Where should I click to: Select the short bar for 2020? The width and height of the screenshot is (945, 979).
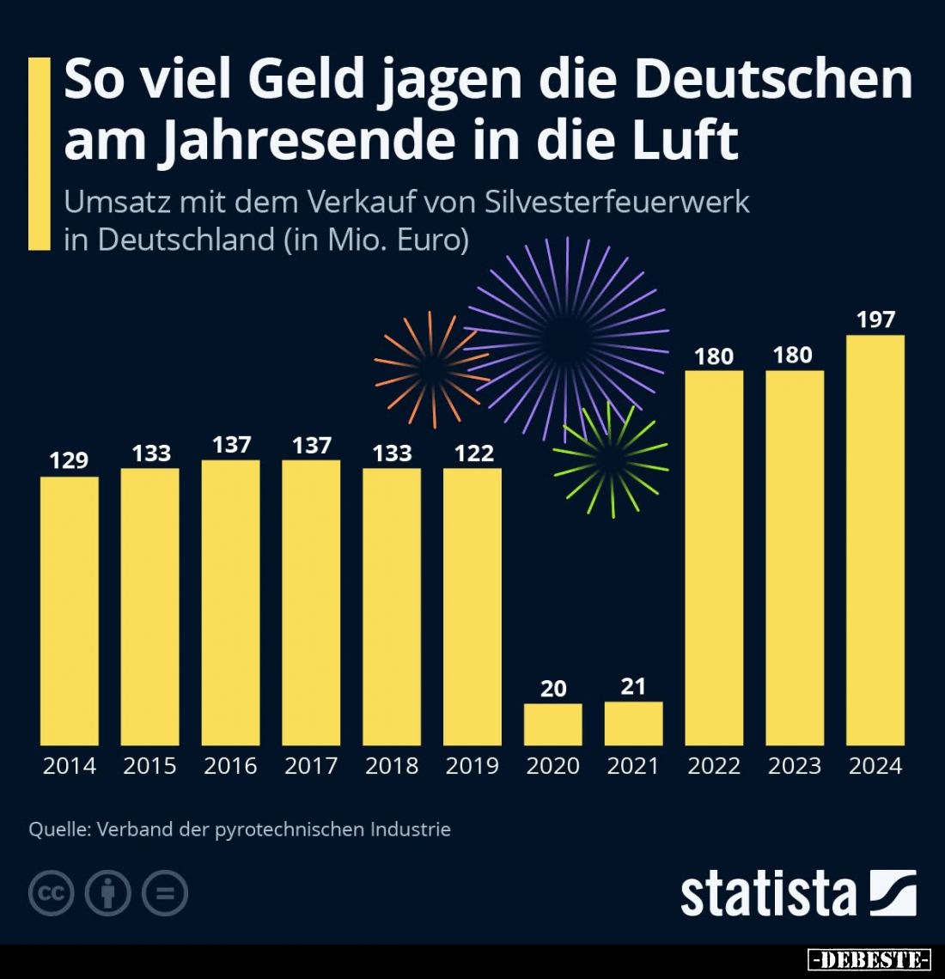(x=552, y=724)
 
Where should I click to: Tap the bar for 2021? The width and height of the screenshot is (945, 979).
(x=633, y=723)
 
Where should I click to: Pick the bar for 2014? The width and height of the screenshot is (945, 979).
(x=70, y=611)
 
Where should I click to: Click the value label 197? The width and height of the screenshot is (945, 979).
(x=875, y=319)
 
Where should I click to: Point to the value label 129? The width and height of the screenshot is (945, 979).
(x=69, y=460)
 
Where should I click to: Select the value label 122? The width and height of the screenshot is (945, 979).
(x=473, y=453)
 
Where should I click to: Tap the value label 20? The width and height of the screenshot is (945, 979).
(x=553, y=688)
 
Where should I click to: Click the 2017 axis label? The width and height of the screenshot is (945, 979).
(x=311, y=765)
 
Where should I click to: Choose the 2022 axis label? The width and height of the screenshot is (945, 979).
(x=714, y=765)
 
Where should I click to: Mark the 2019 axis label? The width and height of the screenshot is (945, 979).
(x=472, y=765)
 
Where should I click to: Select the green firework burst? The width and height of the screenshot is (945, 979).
(x=611, y=460)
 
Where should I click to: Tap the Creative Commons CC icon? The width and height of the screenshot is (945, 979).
(x=52, y=893)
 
